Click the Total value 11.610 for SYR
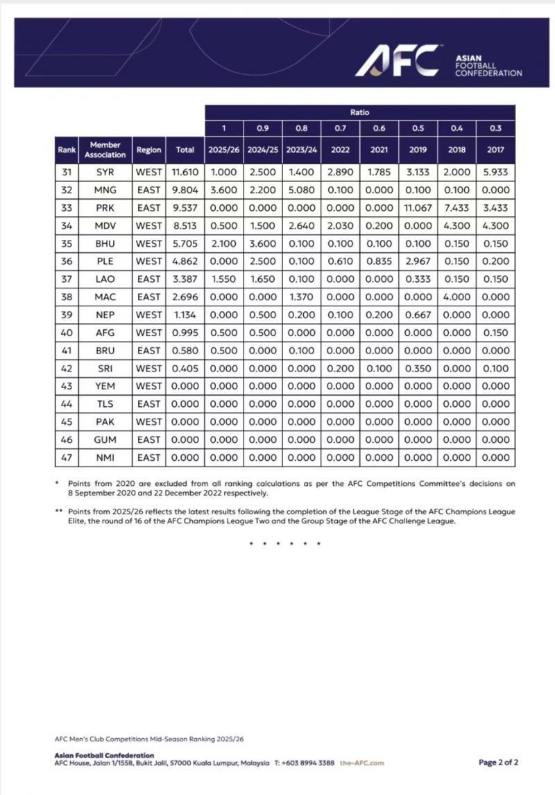185,172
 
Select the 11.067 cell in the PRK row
418,208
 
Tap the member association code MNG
105,190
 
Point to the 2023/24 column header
301,149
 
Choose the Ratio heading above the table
359,112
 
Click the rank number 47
67,457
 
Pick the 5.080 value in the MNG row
301,190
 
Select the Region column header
148,149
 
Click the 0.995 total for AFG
185,333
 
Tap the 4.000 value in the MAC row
456,297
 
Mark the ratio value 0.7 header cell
340,128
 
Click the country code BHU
105,243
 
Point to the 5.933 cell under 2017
495,172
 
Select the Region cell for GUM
148,439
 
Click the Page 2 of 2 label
498,762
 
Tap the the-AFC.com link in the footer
361,763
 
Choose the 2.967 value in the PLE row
418,261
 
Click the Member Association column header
105,149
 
